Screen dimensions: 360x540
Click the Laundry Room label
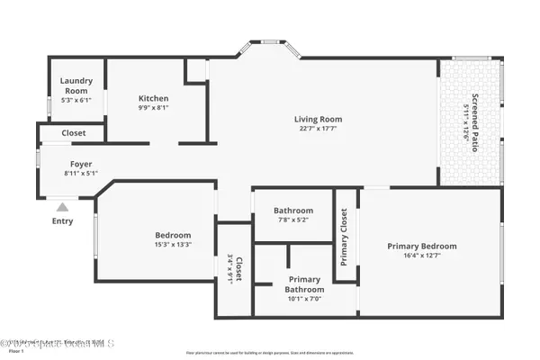[x=76, y=85]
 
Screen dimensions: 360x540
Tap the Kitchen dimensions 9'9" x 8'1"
[x=153, y=108]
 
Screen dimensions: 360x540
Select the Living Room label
[x=319, y=119]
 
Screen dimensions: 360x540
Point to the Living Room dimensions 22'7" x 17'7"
[x=319, y=129]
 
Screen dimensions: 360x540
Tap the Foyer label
[x=81, y=164]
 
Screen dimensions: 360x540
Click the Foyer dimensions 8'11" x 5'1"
[x=81, y=173]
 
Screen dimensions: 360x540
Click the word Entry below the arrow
[x=63, y=221]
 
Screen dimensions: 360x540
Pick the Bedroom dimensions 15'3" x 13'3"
[x=172, y=244]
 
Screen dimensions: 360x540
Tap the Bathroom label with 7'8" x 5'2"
[x=293, y=210]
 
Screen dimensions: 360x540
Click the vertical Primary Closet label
[x=344, y=237]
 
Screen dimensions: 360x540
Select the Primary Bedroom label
[x=422, y=246]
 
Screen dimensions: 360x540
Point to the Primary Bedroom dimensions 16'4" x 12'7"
[x=422, y=256]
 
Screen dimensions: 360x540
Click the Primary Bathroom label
[x=304, y=283]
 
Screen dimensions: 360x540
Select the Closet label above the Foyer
[x=74, y=132]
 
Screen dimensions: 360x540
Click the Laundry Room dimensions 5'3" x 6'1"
[x=76, y=100]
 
